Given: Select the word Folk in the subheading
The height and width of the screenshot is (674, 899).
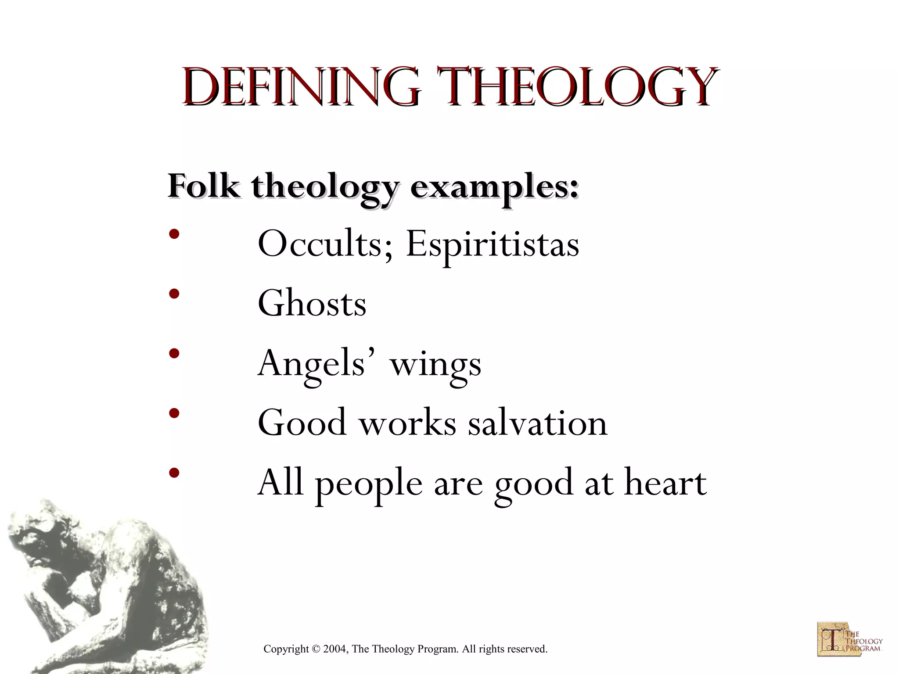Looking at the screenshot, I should coord(204,187).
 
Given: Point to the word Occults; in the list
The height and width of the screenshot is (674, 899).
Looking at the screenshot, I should coord(325,244).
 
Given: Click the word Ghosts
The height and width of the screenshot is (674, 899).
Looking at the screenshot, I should coord(312,304).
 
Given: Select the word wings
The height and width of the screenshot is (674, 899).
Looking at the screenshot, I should coord(435,366).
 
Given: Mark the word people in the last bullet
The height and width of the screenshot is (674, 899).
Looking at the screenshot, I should coord(369,484).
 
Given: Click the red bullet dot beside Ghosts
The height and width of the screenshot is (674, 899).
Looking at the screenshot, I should coord(174,294).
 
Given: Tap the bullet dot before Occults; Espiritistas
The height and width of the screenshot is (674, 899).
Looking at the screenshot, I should coord(174,234).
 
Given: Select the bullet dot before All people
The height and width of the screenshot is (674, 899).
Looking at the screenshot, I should coord(174,473).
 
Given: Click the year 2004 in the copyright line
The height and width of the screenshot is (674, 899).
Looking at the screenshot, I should coord(335,649).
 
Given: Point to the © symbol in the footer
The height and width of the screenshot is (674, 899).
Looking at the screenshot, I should coord(316,649).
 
